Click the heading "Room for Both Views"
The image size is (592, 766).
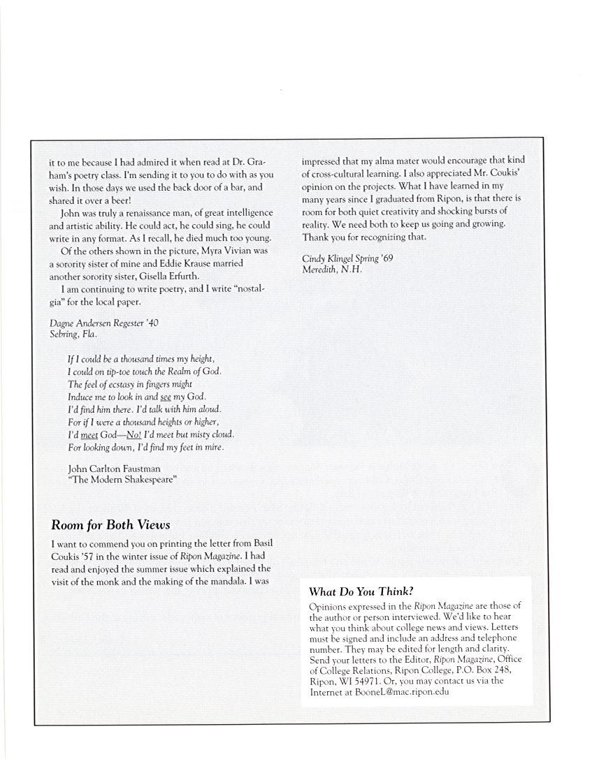tap(110, 525)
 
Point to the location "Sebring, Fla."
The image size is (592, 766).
tap(73, 334)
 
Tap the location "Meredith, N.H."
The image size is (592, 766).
tap(332, 269)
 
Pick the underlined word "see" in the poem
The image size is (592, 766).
tap(166, 397)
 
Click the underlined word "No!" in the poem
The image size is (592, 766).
tap(133, 434)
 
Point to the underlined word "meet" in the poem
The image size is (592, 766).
tap(89, 434)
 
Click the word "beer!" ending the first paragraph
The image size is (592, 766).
tap(118, 200)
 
